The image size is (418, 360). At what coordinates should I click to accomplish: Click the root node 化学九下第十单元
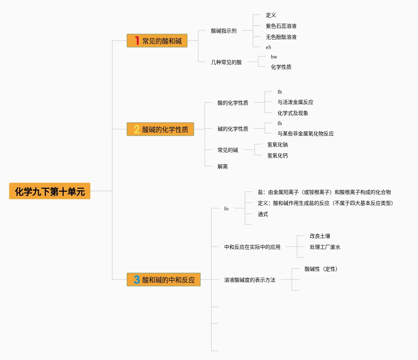pyautogui.click(x=50, y=191)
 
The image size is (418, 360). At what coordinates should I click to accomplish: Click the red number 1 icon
pyautogui.click(x=137, y=41)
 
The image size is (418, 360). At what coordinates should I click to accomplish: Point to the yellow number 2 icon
pyautogui.click(x=137, y=129)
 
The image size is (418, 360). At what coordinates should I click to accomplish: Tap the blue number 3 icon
pyautogui.click(x=137, y=280)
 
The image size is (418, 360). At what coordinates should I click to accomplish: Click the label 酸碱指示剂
pyautogui.click(x=223, y=31)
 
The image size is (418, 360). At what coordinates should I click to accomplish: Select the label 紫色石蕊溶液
pyautogui.click(x=281, y=26)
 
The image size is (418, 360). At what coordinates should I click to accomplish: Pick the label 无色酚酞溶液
pyautogui.click(x=281, y=37)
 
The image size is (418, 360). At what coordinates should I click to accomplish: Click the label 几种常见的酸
pyautogui.click(x=226, y=62)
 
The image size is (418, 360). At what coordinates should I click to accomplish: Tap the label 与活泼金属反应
pyautogui.click(x=295, y=102)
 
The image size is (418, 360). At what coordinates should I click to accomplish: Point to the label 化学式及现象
pyautogui.click(x=293, y=113)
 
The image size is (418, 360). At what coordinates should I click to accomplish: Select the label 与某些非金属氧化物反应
pyautogui.click(x=305, y=134)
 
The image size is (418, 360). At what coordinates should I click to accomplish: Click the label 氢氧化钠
pyautogui.click(x=277, y=145)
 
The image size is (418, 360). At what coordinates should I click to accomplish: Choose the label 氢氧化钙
pyautogui.click(x=277, y=156)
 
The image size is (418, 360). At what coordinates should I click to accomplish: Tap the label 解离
pyautogui.click(x=222, y=166)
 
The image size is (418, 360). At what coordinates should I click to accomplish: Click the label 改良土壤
pyautogui.click(x=320, y=236)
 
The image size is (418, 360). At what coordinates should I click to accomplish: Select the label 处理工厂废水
pyautogui.click(x=325, y=247)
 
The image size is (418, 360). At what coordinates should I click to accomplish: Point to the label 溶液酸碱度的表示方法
pyautogui.click(x=249, y=280)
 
